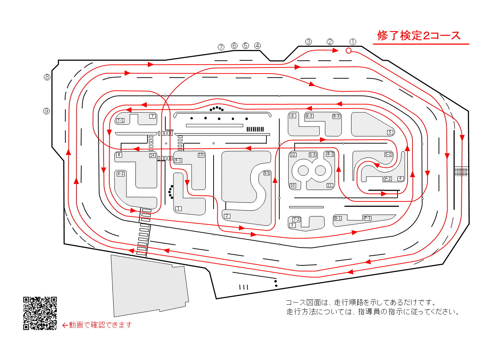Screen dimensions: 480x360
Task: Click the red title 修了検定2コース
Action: point(419,35)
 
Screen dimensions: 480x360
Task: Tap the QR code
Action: point(40,313)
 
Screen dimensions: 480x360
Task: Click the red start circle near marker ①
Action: point(348,51)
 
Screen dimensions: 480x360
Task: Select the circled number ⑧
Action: point(47,77)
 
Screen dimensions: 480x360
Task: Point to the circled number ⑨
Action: point(46,111)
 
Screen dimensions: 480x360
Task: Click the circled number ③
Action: point(308,42)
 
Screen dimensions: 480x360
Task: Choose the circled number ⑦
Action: point(221,47)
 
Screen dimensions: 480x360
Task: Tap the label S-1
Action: point(266,173)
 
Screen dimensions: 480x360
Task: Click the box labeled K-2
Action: point(121,174)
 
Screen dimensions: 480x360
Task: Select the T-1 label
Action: point(120,120)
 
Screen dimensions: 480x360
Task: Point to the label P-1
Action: point(367,218)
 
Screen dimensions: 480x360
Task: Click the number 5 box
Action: point(390,132)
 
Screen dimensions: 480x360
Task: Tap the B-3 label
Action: point(336,116)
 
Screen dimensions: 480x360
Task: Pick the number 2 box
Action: point(227,216)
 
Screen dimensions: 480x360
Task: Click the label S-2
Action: point(388,155)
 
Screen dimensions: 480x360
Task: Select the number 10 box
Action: point(292,186)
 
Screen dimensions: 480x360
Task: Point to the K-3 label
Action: point(309,116)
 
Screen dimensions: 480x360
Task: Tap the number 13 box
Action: point(201,155)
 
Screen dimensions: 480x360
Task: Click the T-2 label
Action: point(296,219)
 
